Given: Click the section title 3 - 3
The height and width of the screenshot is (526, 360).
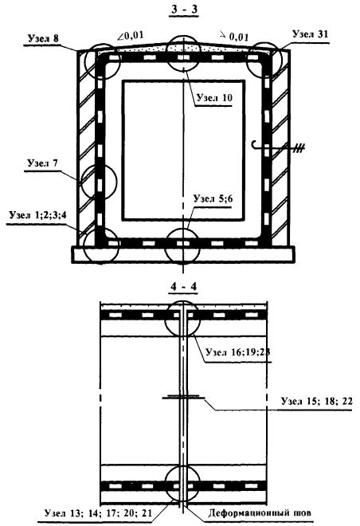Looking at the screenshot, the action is tap(185, 10).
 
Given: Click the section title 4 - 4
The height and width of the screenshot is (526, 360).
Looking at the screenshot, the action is tap(184, 287).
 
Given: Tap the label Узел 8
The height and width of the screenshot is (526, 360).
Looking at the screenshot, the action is tap(43, 38).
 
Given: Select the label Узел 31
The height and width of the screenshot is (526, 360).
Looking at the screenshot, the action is tap(310, 34).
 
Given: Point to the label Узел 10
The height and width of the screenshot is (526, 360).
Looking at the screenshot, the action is tap(214, 97).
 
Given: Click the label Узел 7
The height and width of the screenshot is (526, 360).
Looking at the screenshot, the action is tap(42, 163).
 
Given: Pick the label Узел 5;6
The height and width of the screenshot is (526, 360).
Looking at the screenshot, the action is tap(213, 199).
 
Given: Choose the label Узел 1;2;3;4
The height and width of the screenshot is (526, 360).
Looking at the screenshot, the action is tap(38, 215).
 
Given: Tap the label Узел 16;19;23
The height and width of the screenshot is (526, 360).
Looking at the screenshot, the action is tap(238, 352).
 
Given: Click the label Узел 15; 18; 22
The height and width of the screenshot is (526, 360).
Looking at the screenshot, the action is tap(317, 401).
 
